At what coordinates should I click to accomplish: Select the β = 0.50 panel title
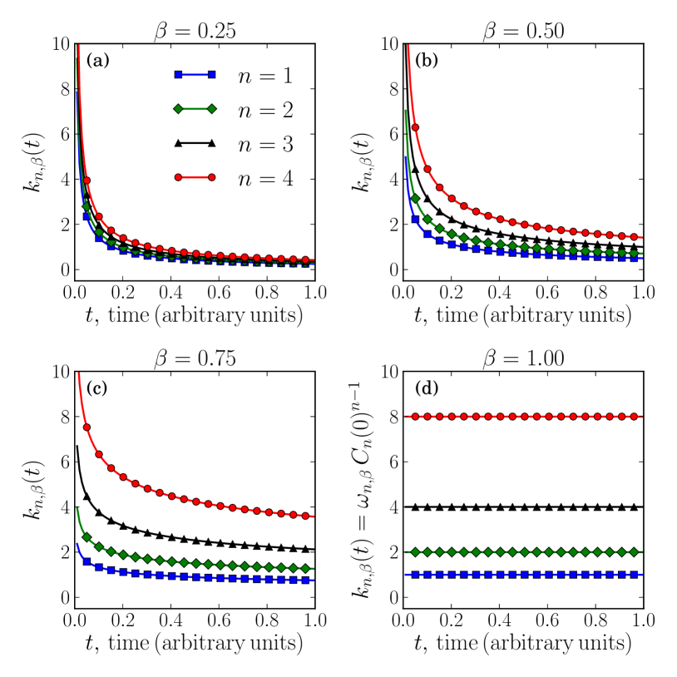523,31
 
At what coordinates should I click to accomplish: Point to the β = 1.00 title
523,358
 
